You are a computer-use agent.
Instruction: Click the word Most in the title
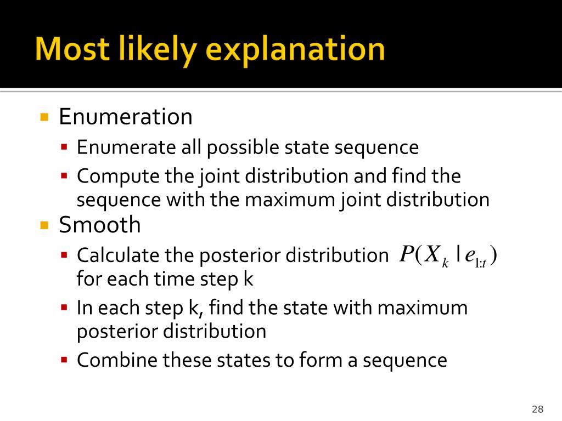(x=72, y=49)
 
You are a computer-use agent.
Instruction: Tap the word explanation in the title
(x=295, y=50)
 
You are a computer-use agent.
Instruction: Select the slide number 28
(x=538, y=409)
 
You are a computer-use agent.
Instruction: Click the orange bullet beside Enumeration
(x=44, y=117)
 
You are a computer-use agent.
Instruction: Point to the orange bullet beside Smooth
(x=44, y=225)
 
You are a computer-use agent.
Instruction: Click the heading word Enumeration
(x=126, y=117)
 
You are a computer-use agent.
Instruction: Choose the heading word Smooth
(x=100, y=225)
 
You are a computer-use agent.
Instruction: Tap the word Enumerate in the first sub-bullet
(x=126, y=147)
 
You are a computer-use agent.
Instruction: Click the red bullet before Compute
(x=64, y=176)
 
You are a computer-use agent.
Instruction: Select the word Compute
(x=118, y=176)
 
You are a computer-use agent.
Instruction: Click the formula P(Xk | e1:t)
(x=448, y=255)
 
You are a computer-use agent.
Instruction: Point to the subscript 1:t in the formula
(x=480, y=264)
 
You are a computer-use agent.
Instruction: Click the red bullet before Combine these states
(x=64, y=360)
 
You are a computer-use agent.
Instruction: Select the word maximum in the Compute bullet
(x=290, y=200)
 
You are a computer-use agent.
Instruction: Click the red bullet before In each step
(x=64, y=308)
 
